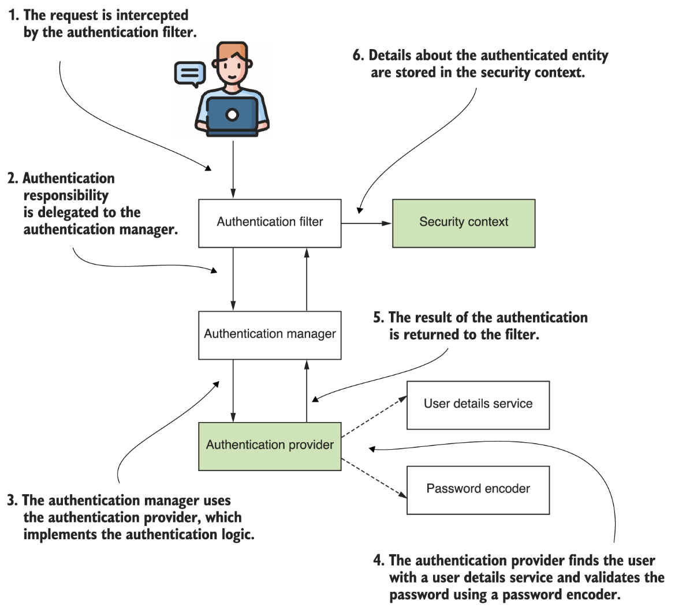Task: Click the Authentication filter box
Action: point(270,223)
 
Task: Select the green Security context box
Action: point(464,223)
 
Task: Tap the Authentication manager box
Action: point(270,335)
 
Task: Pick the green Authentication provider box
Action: point(270,446)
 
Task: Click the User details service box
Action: point(478,405)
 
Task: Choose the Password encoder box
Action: point(478,490)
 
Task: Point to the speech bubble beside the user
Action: point(190,73)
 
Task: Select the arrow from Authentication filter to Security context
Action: point(366,223)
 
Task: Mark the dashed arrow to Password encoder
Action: point(374,477)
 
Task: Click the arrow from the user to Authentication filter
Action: point(233,167)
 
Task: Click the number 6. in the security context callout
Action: point(359,55)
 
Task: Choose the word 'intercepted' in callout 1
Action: point(152,15)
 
